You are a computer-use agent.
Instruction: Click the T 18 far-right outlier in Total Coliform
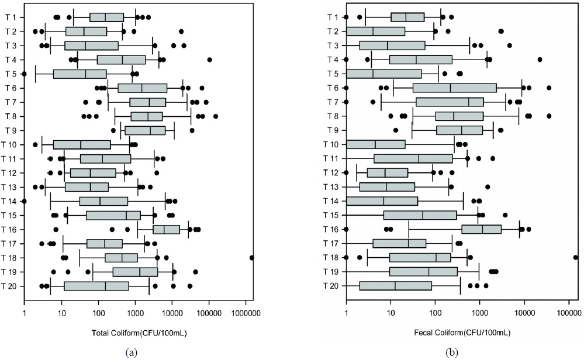[x=252, y=257]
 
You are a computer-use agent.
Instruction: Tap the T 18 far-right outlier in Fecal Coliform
[x=576, y=257]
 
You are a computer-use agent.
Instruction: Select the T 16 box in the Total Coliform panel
[x=167, y=229]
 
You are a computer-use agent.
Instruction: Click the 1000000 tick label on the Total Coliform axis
[x=246, y=311]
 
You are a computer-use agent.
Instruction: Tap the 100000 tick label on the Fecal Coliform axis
[x=569, y=311]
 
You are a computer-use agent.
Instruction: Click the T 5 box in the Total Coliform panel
[x=80, y=74]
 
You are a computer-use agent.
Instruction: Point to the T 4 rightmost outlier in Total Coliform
[x=210, y=60]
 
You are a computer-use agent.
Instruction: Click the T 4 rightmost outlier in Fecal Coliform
[x=540, y=60]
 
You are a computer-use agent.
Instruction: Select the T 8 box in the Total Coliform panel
[x=147, y=116]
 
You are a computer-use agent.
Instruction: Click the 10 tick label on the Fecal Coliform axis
[x=391, y=311]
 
